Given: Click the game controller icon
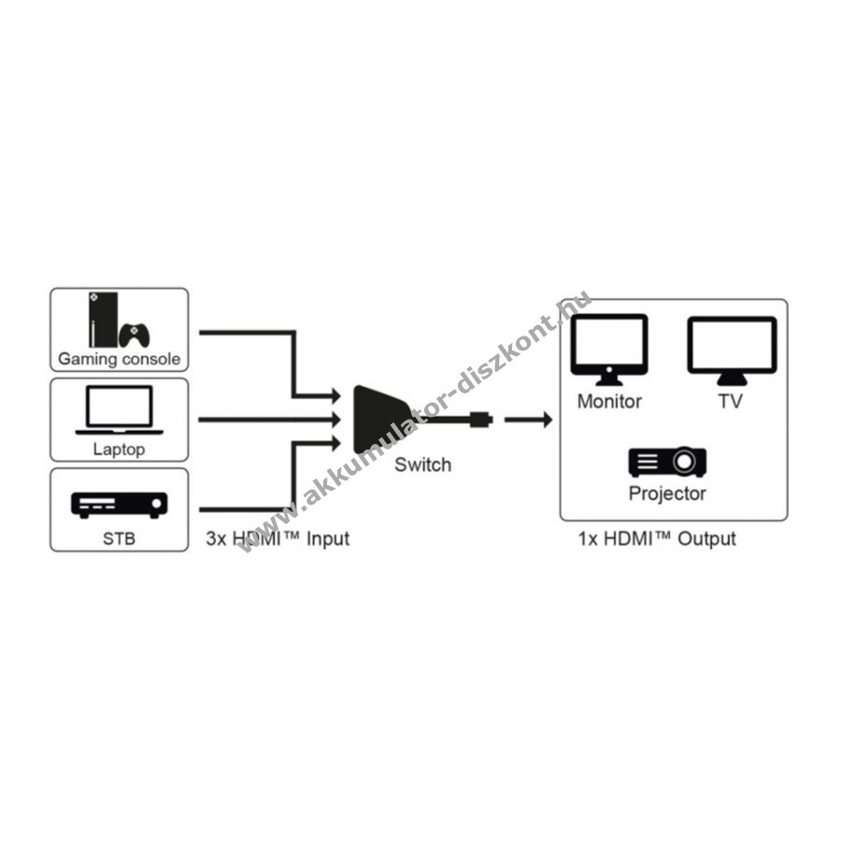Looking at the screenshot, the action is (x=134, y=335).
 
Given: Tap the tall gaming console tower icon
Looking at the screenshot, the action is (x=103, y=320).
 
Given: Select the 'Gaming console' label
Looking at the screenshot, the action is (x=119, y=359).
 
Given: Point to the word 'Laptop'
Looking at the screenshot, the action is (x=119, y=449).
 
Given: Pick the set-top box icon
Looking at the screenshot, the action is (x=119, y=506).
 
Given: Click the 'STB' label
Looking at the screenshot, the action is (x=119, y=538).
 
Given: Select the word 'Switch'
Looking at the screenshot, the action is (x=422, y=464).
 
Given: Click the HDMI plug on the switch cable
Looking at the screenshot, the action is (x=481, y=419).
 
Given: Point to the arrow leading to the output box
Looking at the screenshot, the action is (x=528, y=420).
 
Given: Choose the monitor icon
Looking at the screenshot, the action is (x=609, y=349).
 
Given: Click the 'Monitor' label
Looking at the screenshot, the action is (x=609, y=401).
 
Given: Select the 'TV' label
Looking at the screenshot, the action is (x=731, y=401).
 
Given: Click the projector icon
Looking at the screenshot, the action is (x=667, y=462).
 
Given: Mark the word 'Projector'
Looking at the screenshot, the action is (x=667, y=493).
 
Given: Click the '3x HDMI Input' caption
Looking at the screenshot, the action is (x=278, y=538).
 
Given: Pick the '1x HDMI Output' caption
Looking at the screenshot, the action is (x=657, y=538).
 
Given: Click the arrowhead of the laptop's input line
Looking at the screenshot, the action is (x=336, y=419).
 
